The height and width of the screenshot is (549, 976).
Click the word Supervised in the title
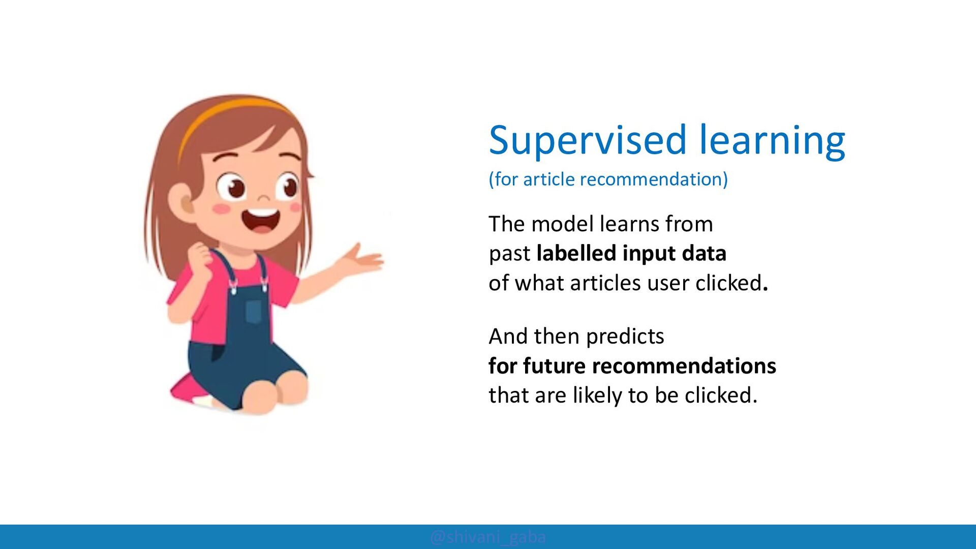pos(588,140)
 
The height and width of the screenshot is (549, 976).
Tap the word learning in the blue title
pos(772,140)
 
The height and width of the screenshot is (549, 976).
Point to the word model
pos(563,224)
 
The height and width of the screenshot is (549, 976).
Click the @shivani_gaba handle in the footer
pos(488,537)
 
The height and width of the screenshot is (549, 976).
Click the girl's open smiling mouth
pos(261,220)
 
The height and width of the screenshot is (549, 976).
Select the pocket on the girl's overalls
pos(254,311)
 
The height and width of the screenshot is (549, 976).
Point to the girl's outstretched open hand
pos(362,258)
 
